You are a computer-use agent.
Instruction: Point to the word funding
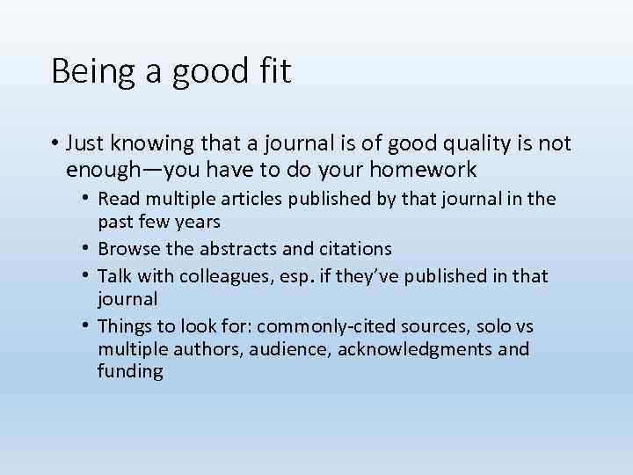pyautogui.click(x=130, y=372)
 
